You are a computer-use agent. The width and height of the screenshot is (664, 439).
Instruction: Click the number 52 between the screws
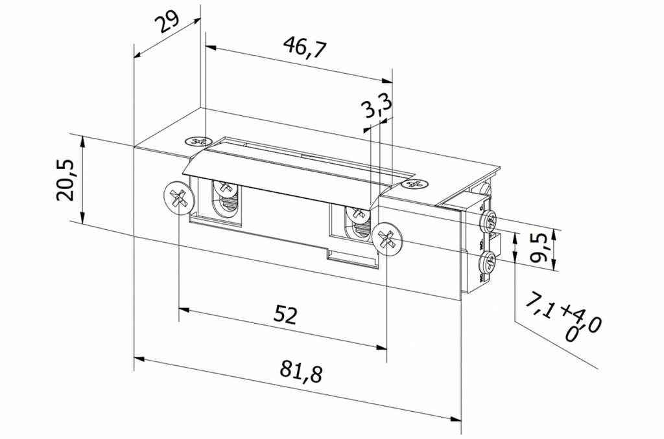(x=285, y=315)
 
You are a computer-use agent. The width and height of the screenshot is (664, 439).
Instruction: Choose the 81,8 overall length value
(x=302, y=372)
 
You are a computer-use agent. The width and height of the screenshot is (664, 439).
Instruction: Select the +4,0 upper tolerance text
(x=581, y=317)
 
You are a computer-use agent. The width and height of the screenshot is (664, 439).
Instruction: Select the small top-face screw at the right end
(x=415, y=185)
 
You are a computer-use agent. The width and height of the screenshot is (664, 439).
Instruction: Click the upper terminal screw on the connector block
(x=489, y=222)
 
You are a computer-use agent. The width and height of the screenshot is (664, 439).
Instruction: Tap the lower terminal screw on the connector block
(x=488, y=262)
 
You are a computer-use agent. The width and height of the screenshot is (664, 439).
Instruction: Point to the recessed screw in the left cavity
(x=226, y=188)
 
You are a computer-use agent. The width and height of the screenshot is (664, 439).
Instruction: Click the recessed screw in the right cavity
(x=356, y=213)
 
